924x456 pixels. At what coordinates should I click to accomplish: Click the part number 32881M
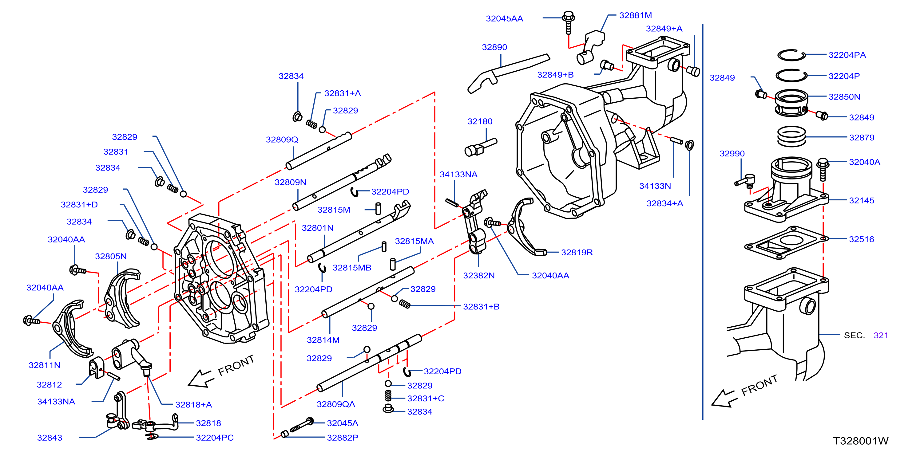coord(635,15)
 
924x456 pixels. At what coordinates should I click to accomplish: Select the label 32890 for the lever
coord(494,47)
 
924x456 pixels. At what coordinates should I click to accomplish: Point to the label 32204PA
coord(847,55)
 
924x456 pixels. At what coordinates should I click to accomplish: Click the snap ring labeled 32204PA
coord(791,55)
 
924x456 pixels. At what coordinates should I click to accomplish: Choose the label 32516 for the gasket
coord(861,239)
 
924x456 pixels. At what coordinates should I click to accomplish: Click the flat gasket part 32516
coord(786,242)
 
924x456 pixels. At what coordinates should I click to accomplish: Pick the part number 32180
coord(480,122)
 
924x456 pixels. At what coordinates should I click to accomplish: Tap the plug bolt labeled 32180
coord(480,147)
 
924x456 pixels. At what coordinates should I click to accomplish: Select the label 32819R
coord(577,252)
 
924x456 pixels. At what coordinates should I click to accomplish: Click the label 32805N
coord(111,256)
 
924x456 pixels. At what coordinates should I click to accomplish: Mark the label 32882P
coord(343,438)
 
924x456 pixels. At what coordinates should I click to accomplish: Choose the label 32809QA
coord(336,404)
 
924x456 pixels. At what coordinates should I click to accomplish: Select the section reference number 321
coord(881,336)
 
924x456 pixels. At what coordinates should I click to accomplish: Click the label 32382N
coord(479,276)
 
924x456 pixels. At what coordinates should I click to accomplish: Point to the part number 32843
coord(50,438)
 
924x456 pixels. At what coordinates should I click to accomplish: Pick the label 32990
coord(732,153)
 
